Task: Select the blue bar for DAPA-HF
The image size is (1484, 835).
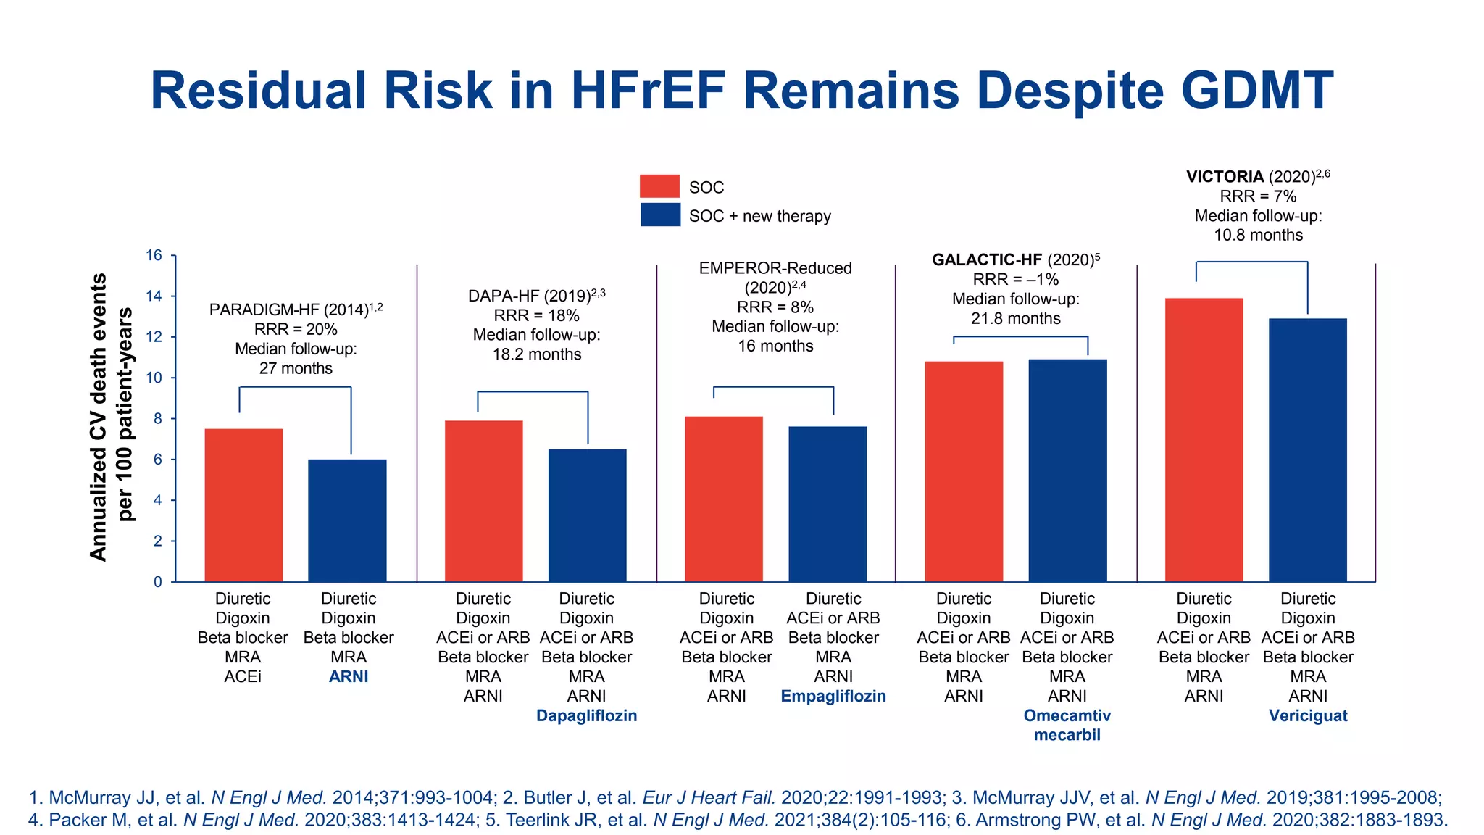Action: tap(587, 515)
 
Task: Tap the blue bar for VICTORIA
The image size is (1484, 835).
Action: tap(1307, 449)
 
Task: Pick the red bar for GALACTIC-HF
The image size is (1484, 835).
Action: tap(964, 471)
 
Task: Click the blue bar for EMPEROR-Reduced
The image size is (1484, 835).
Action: tap(828, 504)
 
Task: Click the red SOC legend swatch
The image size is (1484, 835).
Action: tap(659, 186)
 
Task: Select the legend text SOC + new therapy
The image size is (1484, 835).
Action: tap(759, 216)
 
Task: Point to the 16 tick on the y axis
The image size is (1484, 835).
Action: tap(154, 255)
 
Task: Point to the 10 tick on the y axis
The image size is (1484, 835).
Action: tap(154, 378)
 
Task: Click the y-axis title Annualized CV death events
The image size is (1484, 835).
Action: tap(99, 417)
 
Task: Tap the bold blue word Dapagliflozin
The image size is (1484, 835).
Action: tap(586, 715)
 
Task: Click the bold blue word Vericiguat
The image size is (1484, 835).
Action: tap(1307, 715)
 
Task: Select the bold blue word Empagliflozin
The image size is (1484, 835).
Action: tap(833, 696)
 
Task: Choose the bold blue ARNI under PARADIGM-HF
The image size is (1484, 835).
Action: tap(349, 676)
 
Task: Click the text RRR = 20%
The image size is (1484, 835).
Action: tap(296, 329)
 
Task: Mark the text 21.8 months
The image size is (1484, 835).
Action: tap(1015, 318)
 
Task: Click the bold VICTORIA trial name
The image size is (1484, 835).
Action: tap(1225, 177)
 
